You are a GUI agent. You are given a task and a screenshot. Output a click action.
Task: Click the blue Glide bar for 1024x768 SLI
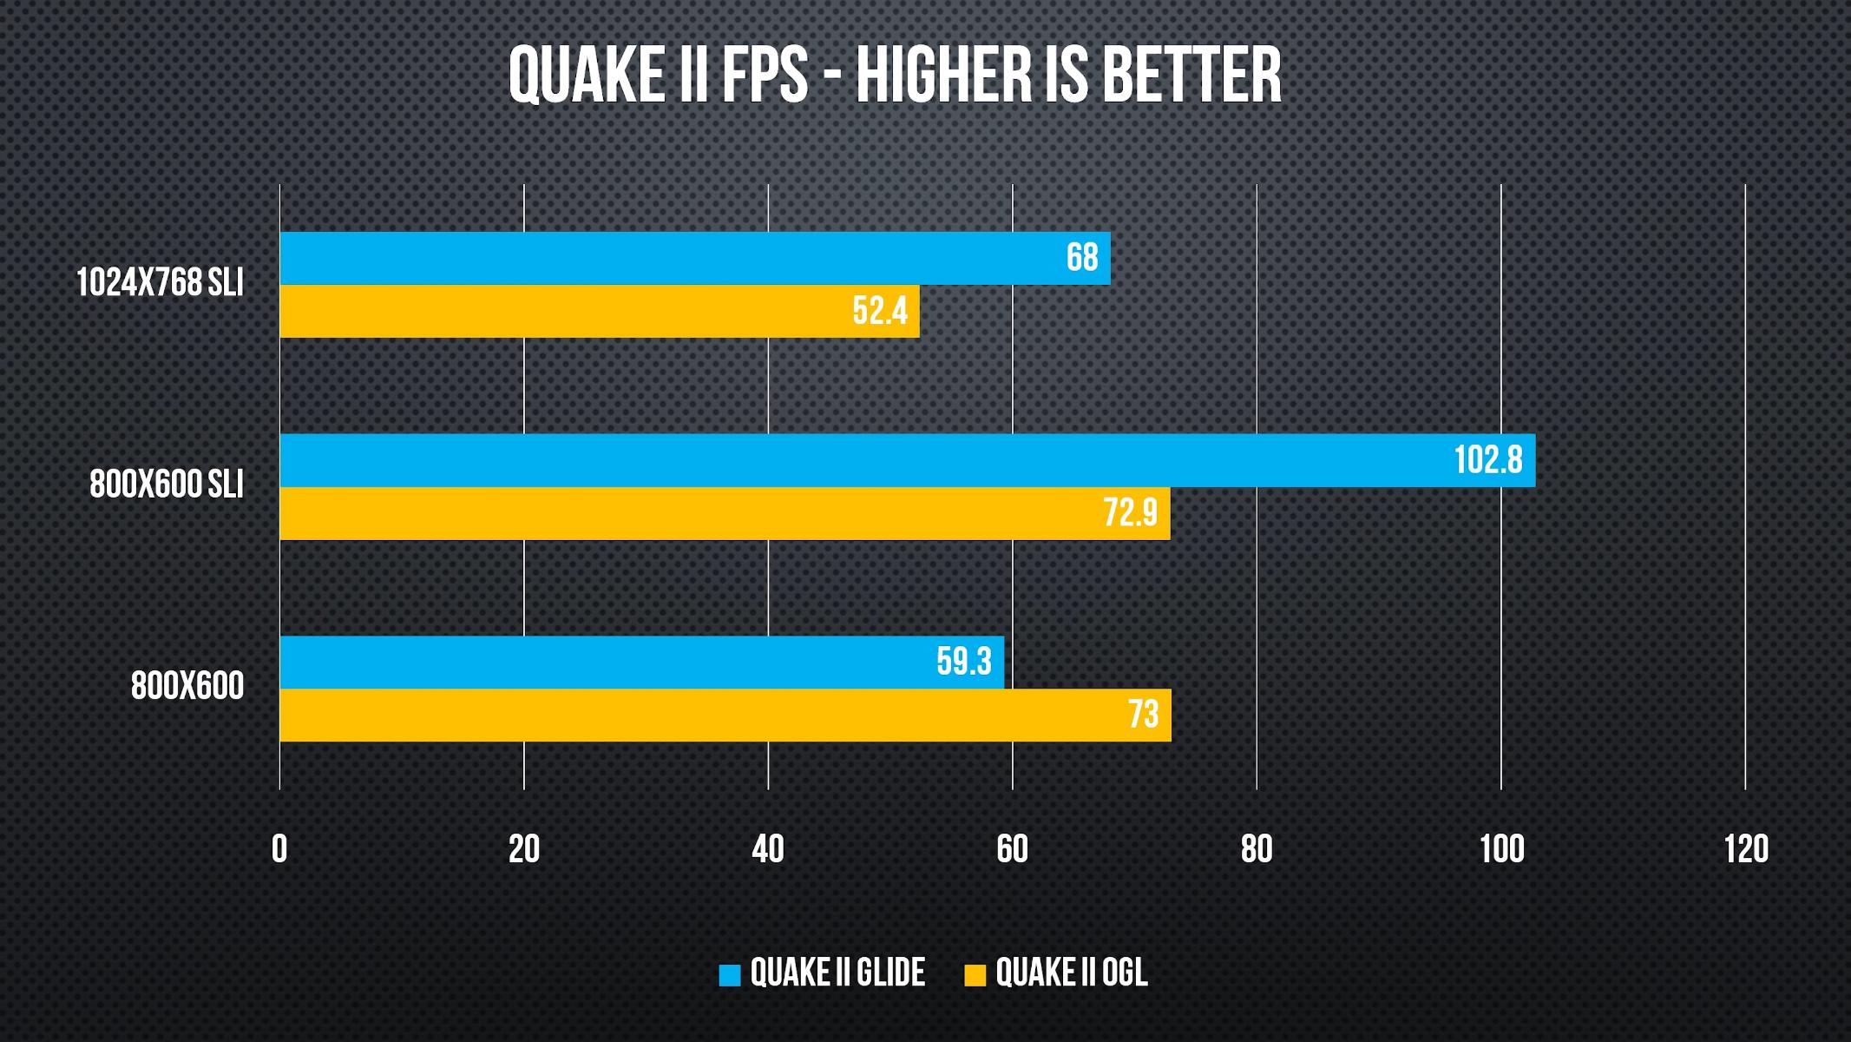tap(694, 258)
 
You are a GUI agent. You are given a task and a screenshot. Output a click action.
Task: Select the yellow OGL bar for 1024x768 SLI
tap(599, 311)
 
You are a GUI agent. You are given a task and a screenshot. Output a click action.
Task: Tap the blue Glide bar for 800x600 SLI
tap(907, 460)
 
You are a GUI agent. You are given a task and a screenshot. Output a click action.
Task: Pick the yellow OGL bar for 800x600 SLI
tap(725, 513)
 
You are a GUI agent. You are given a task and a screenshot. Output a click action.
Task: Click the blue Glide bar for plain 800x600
tap(641, 662)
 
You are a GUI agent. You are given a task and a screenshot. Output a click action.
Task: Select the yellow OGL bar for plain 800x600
tap(725, 715)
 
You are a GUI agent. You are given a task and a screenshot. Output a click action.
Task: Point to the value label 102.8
tap(1487, 460)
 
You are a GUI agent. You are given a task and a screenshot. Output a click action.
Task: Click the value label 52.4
tap(879, 311)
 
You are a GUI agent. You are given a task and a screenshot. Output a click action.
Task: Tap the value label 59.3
tap(963, 662)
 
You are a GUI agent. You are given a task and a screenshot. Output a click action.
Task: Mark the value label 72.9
tap(1130, 513)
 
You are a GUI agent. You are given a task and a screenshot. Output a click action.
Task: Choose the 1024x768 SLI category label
tap(160, 283)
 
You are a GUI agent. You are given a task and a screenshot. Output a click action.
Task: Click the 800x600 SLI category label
tap(167, 485)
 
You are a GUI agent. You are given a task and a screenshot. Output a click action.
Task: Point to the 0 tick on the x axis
tap(279, 848)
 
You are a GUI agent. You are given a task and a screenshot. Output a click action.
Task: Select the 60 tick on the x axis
tap(1012, 848)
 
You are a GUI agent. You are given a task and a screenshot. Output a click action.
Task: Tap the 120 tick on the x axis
tap(1745, 848)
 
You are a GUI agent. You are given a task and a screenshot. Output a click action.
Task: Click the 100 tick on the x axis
tap(1501, 848)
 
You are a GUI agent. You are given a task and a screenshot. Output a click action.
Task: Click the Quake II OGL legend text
tap(1071, 973)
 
